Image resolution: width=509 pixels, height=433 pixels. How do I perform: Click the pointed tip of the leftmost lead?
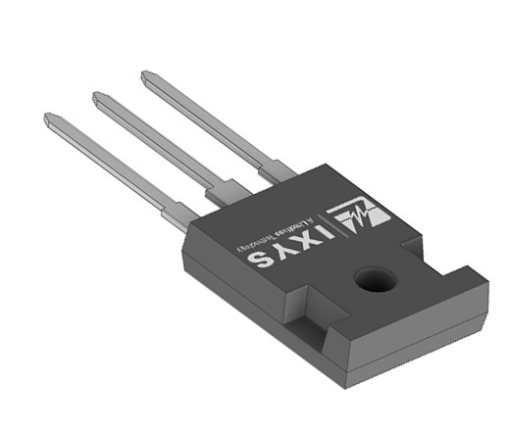pyautogui.click(x=49, y=119)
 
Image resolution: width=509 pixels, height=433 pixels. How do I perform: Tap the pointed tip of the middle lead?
pyautogui.click(x=97, y=96)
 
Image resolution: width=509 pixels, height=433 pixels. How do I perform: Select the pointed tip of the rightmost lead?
pyautogui.click(x=145, y=74)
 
